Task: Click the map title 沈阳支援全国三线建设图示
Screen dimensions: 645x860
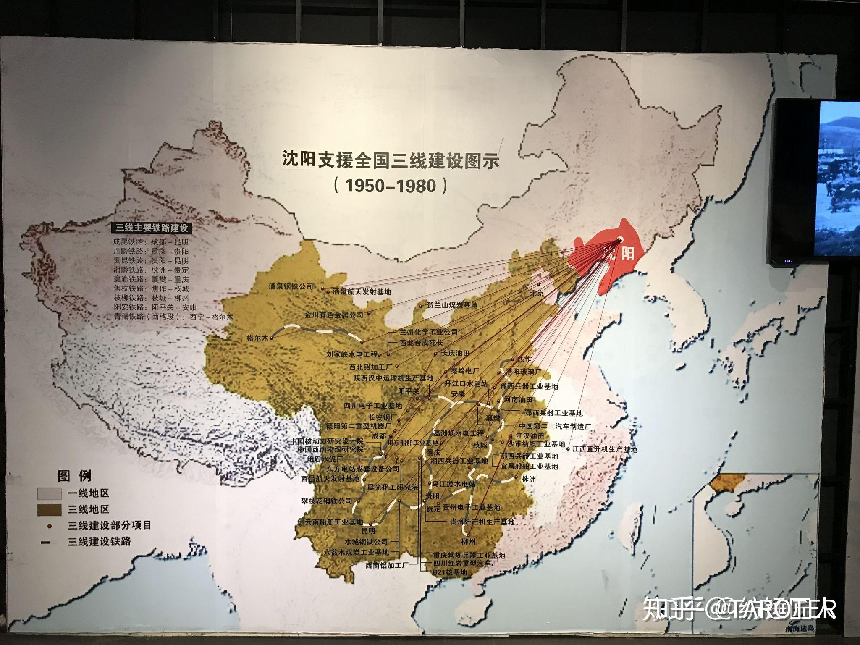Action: coord(391,160)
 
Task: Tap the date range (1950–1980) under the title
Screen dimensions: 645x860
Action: coord(391,185)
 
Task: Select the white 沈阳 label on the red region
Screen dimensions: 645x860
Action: coord(618,253)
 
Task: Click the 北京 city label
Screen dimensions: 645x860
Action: coord(537,293)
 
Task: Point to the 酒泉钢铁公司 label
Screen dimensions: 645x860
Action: coord(291,287)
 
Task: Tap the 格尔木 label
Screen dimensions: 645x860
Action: coord(257,338)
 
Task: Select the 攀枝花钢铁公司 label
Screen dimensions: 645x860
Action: coord(327,501)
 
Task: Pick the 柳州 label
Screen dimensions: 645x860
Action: coord(468,542)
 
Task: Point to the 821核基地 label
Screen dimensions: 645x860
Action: coord(450,572)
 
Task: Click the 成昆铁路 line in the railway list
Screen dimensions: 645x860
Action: coord(151,242)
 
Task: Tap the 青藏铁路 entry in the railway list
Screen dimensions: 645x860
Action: coord(173,317)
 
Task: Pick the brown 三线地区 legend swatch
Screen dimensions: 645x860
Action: coord(50,510)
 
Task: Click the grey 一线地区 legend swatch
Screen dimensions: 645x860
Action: coord(50,493)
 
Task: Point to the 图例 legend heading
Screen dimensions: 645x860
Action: coord(74,476)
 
